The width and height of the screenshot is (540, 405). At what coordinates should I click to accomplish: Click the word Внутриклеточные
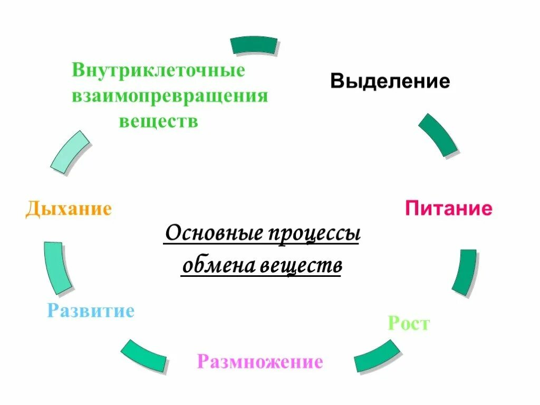click(159, 71)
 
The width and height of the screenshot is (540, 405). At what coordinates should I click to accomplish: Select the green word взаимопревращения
click(170, 97)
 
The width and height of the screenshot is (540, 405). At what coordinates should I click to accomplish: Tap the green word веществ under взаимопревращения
click(158, 121)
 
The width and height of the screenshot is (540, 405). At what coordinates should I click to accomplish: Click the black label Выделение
click(390, 81)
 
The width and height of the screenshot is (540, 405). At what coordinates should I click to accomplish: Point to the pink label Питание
click(449, 209)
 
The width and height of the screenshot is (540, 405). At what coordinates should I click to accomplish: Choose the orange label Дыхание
click(69, 209)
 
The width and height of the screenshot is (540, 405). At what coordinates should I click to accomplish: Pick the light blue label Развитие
click(91, 311)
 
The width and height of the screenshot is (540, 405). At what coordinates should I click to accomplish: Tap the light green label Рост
click(409, 323)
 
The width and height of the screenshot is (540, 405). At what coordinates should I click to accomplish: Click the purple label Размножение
click(260, 362)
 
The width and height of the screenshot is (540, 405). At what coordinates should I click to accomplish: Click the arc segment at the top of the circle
click(255, 45)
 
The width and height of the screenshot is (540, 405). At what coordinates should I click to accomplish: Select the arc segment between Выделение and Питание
click(438, 134)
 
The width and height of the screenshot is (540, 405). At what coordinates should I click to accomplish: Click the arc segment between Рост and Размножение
click(377, 356)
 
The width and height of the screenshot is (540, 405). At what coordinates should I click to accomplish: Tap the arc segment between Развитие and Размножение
click(144, 355)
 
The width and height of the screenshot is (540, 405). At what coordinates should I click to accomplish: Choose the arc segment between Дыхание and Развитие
click(57, 267)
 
